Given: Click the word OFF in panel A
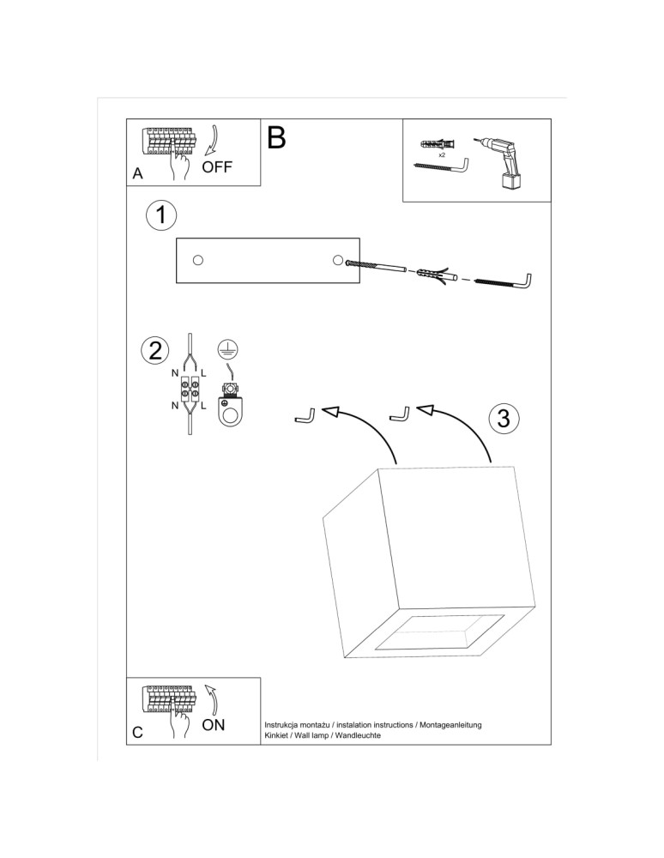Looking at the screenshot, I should click(x=217, y=166).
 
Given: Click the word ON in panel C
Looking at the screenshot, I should click(x=214, y=725).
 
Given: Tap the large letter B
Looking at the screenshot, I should click(x=275, y=137).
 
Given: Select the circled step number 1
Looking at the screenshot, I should click(x=160, y=216).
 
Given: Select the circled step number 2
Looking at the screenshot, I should click(x=155, y=350).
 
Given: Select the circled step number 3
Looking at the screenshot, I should click(x=504, y=418).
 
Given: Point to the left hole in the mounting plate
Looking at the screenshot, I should click(x=198, y=260).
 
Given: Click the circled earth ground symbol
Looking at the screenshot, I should click(x=227, y=348).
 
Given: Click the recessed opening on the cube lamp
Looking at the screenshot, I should click(x=439, y=633).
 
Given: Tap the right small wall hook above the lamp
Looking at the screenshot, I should click(x=400, y=414).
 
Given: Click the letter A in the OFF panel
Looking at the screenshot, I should click(x=138, y=173).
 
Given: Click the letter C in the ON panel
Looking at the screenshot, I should click(x=138, y=734).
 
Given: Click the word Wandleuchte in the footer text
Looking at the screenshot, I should click(x=358, y=736).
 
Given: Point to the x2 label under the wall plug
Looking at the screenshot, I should click(x=442, y=155).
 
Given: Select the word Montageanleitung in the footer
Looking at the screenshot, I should click(x=450, y=725).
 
